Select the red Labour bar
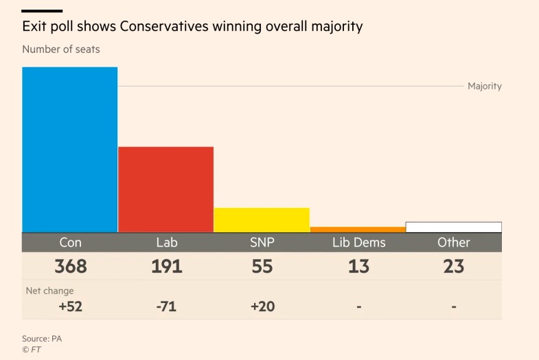pyautogui.click(x=165, y=190)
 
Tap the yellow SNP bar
pyautogui.click(x=262, y=220)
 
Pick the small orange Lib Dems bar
pyautogui.click(x=358, y=229)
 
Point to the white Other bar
pyautogui.click(x=454, y=227)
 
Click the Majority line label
pyautogui.click(x=484, y=87)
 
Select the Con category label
pyautogui.click(x=70, y=243)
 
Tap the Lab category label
pyautogui.click(x=166, y=243)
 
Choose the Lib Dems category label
pyautogui.click(x=358, y=243)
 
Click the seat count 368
pyautogui.click(x=70, y=267)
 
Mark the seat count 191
pyautogui.click(x=166, y=267)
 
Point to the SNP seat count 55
pyautogui.click(x=262, y=267)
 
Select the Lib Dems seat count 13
pyautogui.click(x=358, y=267)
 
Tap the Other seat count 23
pyautogui.click(x=454, y=267)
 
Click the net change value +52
pyautogui.click(x=70, y=306)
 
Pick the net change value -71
pyautogui.click(x=166, y=306)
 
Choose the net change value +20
pyautogui.click(x=262, y=306)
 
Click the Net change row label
pyautogui.click(x=49, y=291)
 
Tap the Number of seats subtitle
pyautogui.click(x=60, y=49)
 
